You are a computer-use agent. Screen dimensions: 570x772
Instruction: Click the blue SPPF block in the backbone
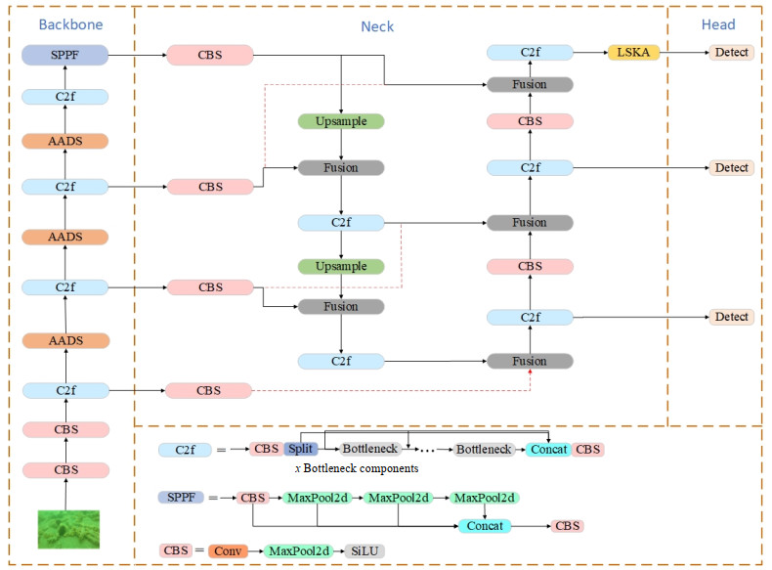pyautogui.click(x=64, y=55)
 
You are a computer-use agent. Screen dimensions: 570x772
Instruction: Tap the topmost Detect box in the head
pyautogui.click(x=731, y=52)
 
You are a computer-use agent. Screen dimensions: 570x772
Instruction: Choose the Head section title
pyautogui.click(x=718, y=23)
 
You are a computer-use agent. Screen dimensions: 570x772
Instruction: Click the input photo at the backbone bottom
pyautogui.click(x=65, y=529)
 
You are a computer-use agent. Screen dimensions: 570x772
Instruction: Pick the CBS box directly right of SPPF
pyautogui.click(x=210, y=55)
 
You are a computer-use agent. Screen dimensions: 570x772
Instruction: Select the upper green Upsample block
pyautogui.click(x=340, y=122)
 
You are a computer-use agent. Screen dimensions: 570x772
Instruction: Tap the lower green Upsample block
pyautogui.click(x=340, y=266)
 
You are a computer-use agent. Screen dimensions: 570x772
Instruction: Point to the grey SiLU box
pyautogui.click(x=365, y=550)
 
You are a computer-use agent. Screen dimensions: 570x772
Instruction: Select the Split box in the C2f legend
pyautogui.click(x=301, y=449)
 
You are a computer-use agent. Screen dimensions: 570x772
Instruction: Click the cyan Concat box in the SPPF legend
pyautogui.click(x=485, y=526)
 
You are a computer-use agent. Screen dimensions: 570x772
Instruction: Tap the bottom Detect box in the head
pyautogui.click(x=731, y=317)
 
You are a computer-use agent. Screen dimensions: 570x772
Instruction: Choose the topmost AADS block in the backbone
pyautogui.click(x=64, y=141)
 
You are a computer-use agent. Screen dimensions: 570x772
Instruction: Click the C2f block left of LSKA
pyautogui.click(x=529, y=52)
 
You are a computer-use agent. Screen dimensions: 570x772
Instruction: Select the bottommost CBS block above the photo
pyautogui.click(x=65, y=469)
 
